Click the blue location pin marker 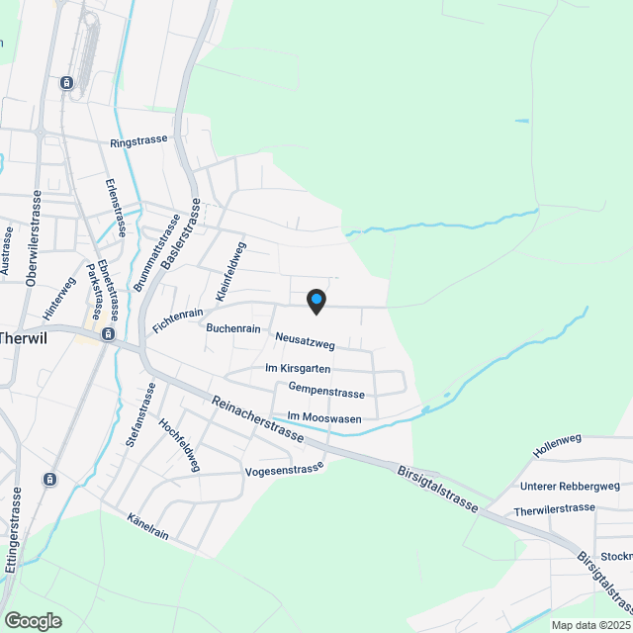click(316, 300)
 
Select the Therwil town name click(22, 336)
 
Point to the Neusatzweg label click(306, 342)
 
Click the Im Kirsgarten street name click(298, 368)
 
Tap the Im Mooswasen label click(323, 418)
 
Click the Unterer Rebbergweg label click(570, 486)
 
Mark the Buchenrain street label click(232, 327)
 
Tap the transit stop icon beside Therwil click(107, 334)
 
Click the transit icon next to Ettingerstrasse click(49, 480)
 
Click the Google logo click(32, 620)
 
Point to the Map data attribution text click(589, 625)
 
